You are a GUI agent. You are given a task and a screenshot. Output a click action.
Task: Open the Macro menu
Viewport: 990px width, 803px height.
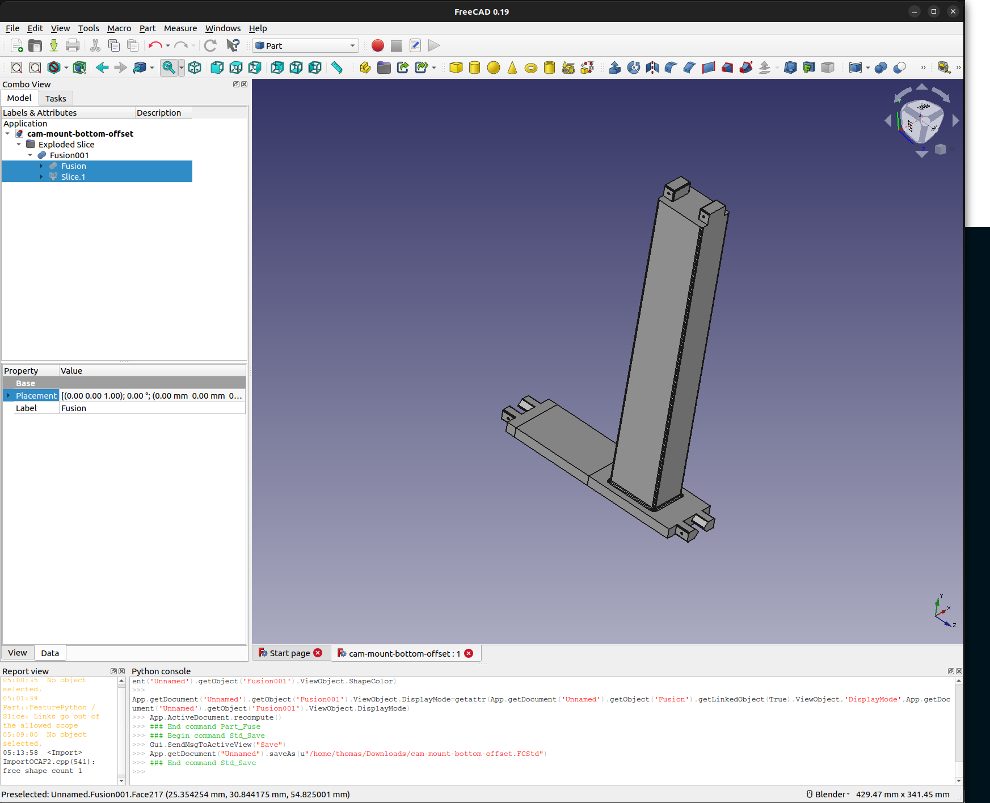tap(119, 28)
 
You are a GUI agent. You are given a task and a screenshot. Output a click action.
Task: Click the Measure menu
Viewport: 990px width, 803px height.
tap(180, 28)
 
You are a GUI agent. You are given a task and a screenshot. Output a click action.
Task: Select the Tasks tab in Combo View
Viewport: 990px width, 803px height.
tap(56, 99)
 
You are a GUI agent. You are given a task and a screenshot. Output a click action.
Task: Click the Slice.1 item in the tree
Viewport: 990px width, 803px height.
tap(73, 177)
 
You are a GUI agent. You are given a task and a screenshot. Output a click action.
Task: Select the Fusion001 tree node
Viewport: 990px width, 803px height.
tap(69, 155)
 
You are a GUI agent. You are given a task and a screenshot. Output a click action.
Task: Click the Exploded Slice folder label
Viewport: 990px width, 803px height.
tap(66, 145)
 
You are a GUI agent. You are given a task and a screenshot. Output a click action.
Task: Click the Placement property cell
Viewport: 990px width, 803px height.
tap(36, 396)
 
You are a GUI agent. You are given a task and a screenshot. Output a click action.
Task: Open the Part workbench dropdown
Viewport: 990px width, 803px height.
tap(305, 46)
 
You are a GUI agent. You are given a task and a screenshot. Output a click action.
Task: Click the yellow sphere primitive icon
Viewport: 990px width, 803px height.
tap(494, 68)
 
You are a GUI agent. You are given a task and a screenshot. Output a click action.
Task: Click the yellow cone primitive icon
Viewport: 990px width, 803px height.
tap(512, 68)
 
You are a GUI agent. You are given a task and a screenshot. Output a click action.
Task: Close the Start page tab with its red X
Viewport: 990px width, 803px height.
tap(318, 653)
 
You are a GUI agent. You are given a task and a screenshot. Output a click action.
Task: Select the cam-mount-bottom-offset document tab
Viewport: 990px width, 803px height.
tap(404, 653)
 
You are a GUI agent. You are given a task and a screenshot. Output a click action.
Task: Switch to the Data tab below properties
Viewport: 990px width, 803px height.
tap(50, 653)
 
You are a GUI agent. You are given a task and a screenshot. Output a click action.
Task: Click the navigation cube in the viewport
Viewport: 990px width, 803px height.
tap(921, 120)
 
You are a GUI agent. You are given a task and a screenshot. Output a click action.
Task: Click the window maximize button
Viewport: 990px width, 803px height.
tap(934, 11)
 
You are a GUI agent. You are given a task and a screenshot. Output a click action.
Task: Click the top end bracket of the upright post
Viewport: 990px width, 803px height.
tap(676, 188)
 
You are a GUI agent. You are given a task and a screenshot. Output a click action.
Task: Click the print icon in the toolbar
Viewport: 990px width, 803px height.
tap(73, 46)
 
